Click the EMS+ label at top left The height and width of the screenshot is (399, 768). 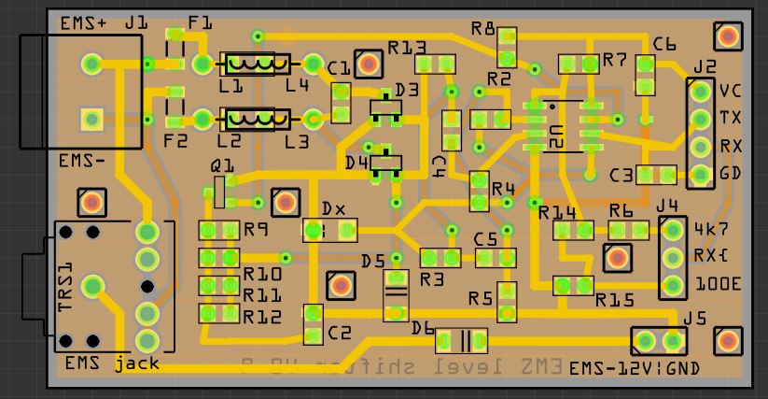click(82, 23)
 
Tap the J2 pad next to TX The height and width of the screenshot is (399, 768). click(700, 119)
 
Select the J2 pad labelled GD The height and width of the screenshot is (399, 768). click(700, 173)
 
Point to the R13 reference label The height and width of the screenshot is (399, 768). click(408, 47)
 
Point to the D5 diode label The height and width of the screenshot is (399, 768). click(373, 260)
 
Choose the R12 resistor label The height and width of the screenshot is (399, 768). click(262, 317)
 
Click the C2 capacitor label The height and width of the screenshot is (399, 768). click(340, 334)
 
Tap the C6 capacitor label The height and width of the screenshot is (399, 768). click(664, 44)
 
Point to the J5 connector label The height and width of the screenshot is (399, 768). click(694, 318)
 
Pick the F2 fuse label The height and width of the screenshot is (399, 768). click(175, 141)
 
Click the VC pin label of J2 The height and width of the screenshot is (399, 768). click(730, 92)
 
